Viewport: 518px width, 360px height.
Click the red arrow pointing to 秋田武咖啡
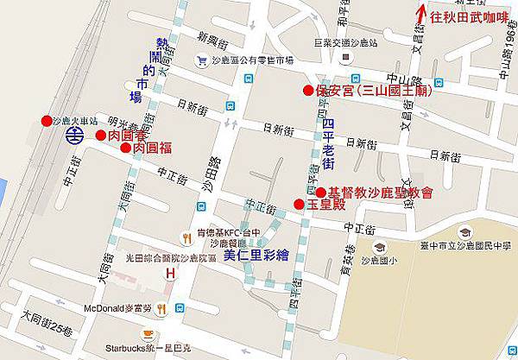(420, 15)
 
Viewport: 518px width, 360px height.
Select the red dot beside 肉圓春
(101, 135)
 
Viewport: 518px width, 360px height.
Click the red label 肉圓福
(157, 148)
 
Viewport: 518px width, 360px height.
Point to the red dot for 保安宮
(307, 90)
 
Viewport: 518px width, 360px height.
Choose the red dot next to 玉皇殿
(299, 204)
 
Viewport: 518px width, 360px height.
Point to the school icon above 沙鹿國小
(371, 246)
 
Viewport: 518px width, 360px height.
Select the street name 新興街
(212, 38)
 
